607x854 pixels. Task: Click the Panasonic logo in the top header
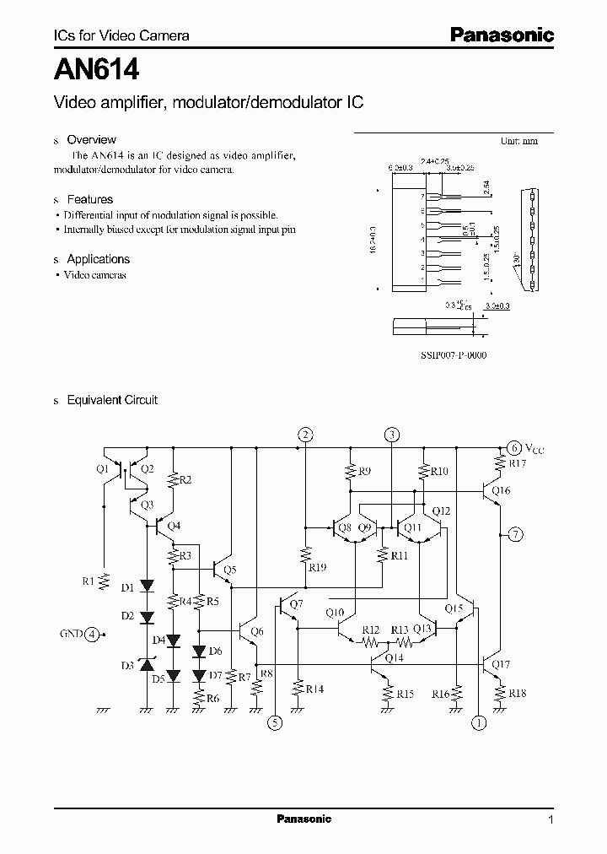point(501,35)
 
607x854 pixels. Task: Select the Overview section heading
point(91,139)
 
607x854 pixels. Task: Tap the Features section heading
point(89,199)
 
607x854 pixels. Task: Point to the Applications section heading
point(98,259)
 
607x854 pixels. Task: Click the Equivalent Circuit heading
point(112,400)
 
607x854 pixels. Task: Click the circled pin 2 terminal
point(305,435)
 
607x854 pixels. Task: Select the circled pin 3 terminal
point(392,435)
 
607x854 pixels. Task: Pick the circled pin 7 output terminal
point(515,533)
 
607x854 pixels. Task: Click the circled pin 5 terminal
point(274,722)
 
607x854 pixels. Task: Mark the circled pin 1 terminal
point(478,722)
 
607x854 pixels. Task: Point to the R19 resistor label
point(317,568)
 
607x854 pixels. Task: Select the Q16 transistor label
point(501,490)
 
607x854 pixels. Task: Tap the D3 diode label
point(126,666)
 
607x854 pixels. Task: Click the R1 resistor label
point(89,581)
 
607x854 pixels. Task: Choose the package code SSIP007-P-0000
point(454,355)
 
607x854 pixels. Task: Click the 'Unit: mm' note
point(518,141)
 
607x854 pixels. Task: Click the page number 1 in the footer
point(551,819)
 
